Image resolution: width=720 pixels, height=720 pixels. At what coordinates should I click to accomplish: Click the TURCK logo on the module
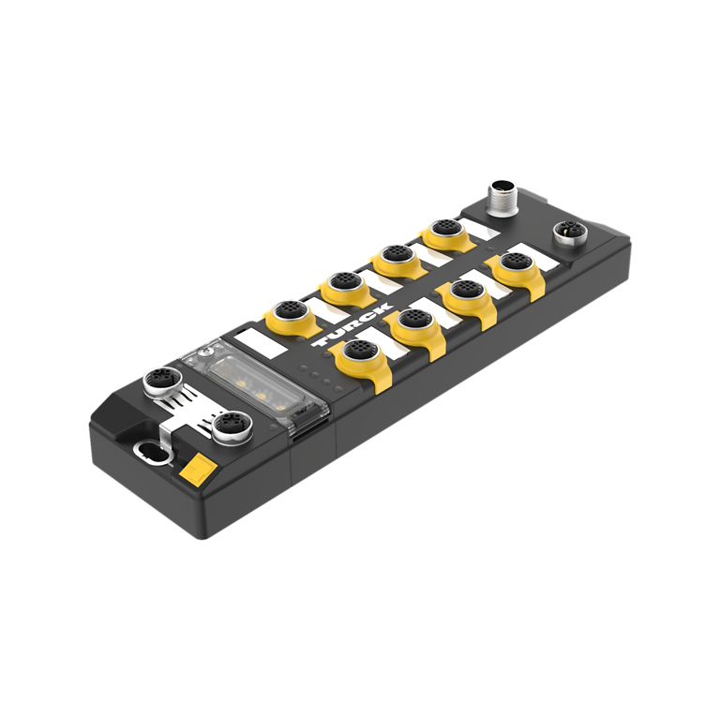[x=352, y=323]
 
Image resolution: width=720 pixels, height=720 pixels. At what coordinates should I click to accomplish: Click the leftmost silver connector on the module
[x=160, y=382]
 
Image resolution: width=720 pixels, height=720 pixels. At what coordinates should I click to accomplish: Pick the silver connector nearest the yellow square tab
[x=232, y=427]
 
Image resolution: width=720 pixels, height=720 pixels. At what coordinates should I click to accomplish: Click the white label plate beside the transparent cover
[x=261, y=342]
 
